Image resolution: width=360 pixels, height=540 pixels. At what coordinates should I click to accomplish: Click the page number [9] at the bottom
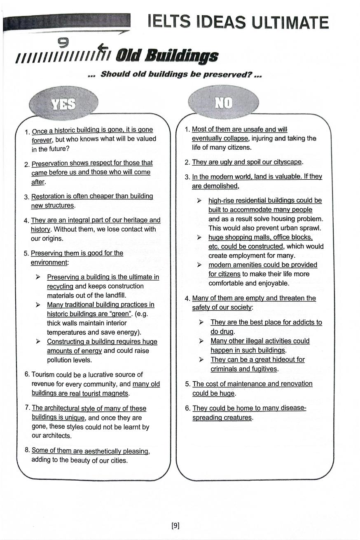[175, 525]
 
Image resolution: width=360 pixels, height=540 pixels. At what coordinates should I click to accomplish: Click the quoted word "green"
[119, 314]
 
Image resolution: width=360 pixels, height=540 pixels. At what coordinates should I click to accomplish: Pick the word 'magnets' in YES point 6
[117, 393]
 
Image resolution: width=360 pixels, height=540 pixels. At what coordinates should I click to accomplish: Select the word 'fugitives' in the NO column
[265, 369]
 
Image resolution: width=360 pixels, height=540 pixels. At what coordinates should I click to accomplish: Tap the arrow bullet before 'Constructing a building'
[38, 342]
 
